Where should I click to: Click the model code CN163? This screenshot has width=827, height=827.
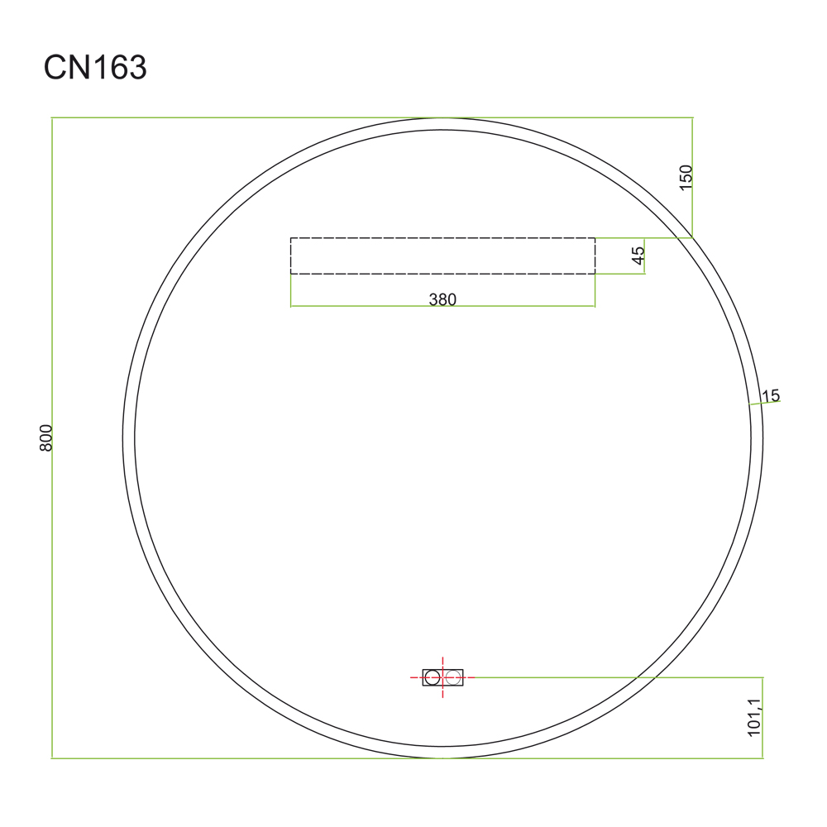[95, 68]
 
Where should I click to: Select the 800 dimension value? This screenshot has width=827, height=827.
[45, 437]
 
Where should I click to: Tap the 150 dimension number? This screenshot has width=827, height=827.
[685, 178]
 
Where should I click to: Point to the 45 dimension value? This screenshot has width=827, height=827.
[638, 256]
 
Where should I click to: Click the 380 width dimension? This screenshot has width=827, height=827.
[442, 299]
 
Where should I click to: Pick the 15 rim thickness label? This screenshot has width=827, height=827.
[770, 395]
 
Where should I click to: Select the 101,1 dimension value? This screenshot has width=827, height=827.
[754, 717]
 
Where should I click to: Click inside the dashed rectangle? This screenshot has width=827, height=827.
[443, 256]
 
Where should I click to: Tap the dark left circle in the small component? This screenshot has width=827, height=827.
[433, 677]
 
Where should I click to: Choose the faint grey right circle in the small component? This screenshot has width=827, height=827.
[452, 677]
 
